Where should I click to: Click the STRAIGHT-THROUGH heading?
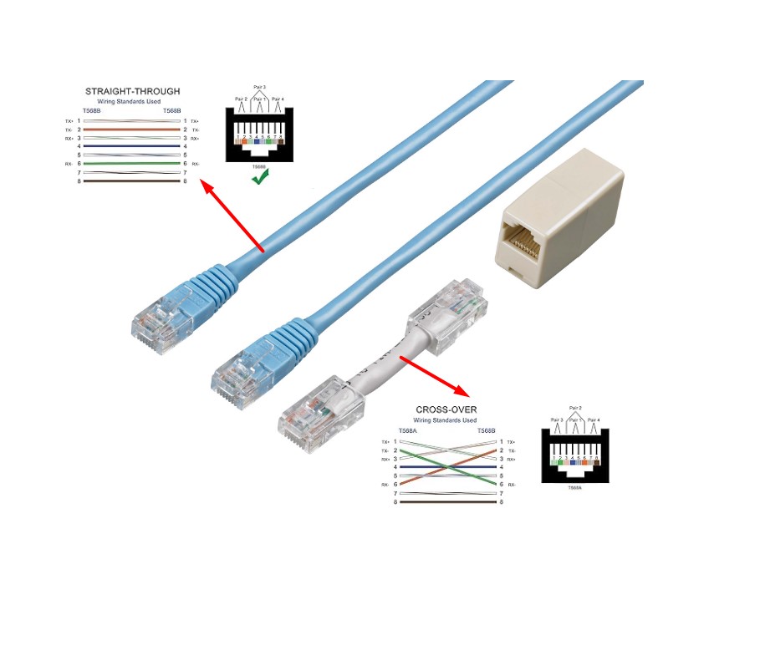coord(132,91)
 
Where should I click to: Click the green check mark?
coord(259,178)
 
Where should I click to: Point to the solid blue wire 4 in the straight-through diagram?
coord(132,146)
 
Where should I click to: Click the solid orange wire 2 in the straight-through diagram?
coord(132,130)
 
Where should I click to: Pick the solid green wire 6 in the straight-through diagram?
coord(132,164)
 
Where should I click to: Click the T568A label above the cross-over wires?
coord(406,430)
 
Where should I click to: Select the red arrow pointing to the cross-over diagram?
coord(434,377)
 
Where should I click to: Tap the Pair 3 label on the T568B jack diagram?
coord(259,87)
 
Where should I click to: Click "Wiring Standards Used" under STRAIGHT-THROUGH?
coord(132,101)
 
